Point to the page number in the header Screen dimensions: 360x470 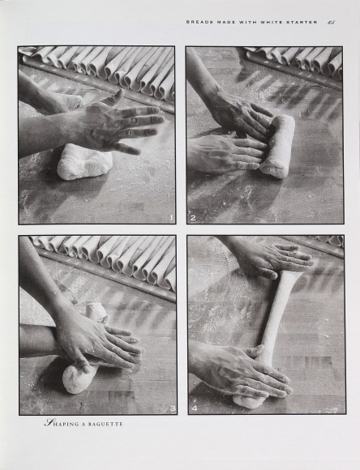[331, 22]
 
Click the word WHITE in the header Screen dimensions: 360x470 [272, 22]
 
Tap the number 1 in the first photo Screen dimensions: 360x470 [171, 218]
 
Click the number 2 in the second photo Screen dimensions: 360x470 [193, 218]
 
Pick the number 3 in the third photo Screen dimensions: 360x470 [173, 408]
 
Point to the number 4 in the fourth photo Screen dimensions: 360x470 [195, 408]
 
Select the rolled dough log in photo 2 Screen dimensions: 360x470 [277, 147]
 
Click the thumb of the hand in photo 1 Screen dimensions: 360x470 [114, 97]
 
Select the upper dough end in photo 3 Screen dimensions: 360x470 [96, 313]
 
